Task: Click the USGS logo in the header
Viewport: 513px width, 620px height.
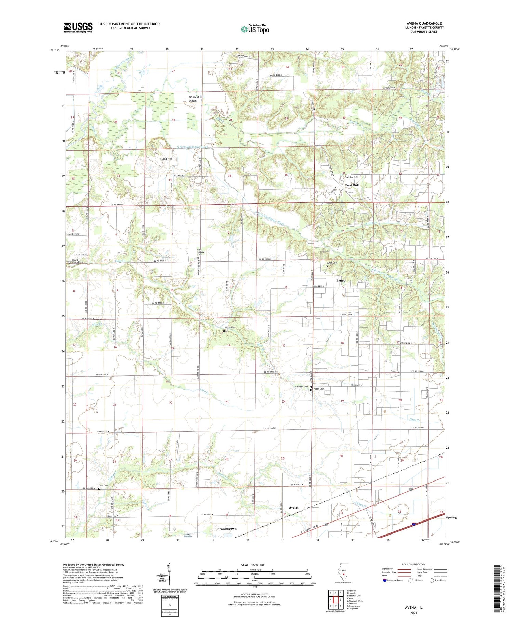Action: tap(78, 27)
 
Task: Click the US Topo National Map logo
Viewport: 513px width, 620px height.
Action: tap(255, 29)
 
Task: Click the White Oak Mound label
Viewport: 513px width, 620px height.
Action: tap(196, 99)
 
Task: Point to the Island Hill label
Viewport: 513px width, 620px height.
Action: tap(166, 159)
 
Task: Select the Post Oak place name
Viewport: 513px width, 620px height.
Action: tap(352, 185)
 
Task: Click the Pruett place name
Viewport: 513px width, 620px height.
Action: tap(341, 280)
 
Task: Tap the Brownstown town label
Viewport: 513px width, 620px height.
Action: tap(227, 529)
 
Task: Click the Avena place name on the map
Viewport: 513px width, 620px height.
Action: tap(293, 507)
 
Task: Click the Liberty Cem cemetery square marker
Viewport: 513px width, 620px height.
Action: tap(224, 331)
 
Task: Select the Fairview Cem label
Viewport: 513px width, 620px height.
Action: tap(302, 387)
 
